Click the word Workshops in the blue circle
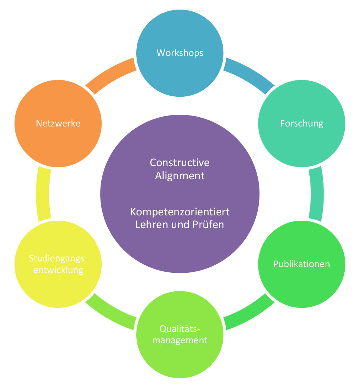(180, 53)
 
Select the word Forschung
(302, 123)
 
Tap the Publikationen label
(302, 264)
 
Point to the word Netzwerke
(58, 123)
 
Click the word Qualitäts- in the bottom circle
(180, 329)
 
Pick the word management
(180, 340)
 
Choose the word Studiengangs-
(58, 259)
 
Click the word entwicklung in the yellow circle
(58, 270)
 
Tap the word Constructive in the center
(180, 163)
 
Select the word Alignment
(180, 175)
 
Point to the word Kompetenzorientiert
(180, 212)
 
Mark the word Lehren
(148, 225)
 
